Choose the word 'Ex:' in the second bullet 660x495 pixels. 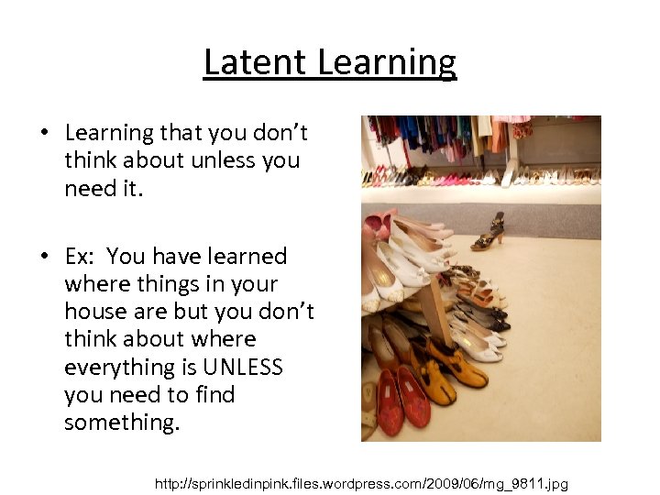click(83, 257)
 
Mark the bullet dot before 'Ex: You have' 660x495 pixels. click(43, 258)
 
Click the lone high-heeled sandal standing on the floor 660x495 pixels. click(489, 232)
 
